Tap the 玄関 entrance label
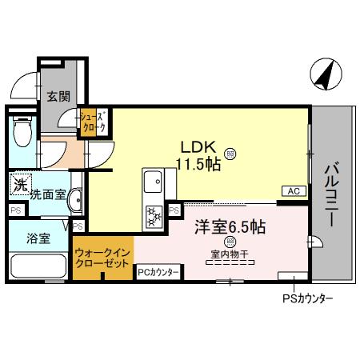[x=58, y=97]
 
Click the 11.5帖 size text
[x=196, y=165]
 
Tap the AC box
[x=293, y=190]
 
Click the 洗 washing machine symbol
[x=19, y=185]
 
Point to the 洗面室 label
[x=47, y=194]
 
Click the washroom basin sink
[x=74, y=199]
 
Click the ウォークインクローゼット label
[x=102, y=257]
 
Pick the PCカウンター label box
[x=158, y=273]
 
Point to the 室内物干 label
[x=230, y=254]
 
